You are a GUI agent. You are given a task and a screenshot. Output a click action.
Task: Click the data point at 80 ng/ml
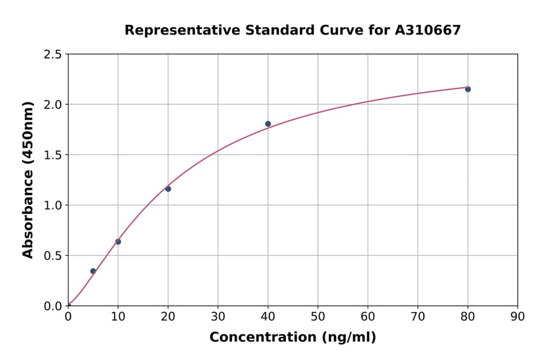tap(467, 89)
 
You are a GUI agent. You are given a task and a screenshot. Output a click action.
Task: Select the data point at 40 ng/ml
tap(268, 124)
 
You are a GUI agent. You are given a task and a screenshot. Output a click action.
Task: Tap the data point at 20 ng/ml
tap(168, 189)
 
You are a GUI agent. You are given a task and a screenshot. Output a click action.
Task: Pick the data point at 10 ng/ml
tap(118, 242)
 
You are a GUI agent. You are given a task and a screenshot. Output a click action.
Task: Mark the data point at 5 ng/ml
tap(93, 271)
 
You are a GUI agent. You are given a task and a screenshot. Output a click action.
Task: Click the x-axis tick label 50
tap(318, 316)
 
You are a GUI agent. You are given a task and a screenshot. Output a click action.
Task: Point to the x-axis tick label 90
tap(518, 316)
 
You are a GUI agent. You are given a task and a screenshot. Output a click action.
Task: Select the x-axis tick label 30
tap(218, 316)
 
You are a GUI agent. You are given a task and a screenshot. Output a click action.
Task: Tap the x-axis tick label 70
tap(418, 316)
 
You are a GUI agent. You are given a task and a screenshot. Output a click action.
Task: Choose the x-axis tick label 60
tap(368, 316)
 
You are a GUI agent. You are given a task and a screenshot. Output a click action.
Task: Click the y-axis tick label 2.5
tap(53, 55)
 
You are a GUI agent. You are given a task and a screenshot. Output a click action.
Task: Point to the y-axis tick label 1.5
tap(53, 155)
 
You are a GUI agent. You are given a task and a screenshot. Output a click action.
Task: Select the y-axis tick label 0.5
tap(53, 256)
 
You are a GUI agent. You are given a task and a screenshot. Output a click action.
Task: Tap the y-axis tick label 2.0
tap(53, 105)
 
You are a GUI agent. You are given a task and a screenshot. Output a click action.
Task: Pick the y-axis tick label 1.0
tap(53, 205)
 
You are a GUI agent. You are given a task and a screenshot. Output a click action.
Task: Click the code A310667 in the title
tap(428, 30)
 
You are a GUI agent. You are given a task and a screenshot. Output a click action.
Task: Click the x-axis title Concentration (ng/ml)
tap(292, 338)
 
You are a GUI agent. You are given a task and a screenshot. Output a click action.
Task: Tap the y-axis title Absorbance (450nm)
tap(28, 180)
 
